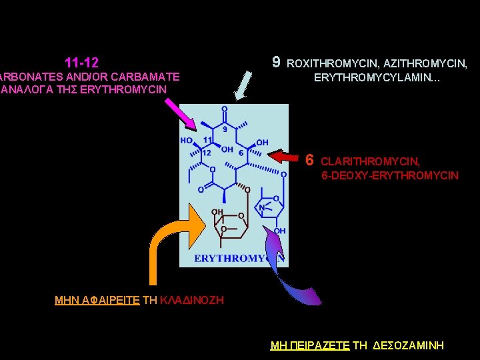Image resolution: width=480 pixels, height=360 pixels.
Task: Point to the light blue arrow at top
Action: [x=245, y=85]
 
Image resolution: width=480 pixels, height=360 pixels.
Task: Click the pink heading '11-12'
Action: [x=82, y=63]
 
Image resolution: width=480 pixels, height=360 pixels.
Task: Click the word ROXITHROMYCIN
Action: [x=331, y=64]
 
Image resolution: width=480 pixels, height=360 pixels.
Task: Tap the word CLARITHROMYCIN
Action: [x=370, y=161]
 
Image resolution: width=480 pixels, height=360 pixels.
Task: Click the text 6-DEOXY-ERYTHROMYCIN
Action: [x=390, y=175]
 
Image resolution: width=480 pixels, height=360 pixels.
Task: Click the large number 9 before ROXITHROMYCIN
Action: [x=276, y=63]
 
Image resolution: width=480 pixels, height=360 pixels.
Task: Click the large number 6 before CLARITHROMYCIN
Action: [x=309, y=160]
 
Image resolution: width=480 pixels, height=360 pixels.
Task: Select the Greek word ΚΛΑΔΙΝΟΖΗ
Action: [x=193, y=301]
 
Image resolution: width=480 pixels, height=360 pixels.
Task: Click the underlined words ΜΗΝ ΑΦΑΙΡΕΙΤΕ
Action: [x=97, y=301]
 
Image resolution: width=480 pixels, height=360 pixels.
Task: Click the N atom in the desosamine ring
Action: [x=263, y=208]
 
